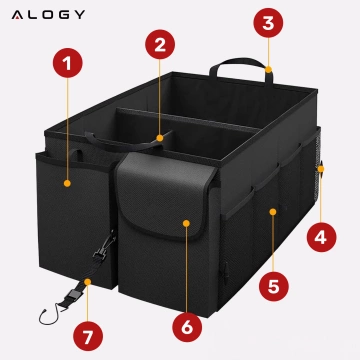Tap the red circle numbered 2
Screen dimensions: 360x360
point(158,44)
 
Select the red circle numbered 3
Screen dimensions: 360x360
point(266,21)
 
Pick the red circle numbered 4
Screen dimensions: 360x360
point(320,238)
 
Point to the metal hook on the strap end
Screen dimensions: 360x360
point(45,315)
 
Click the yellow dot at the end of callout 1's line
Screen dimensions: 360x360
point(67,183)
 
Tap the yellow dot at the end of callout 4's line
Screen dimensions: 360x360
point(320,168)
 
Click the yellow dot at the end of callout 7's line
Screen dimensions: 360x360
point(87,283)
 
